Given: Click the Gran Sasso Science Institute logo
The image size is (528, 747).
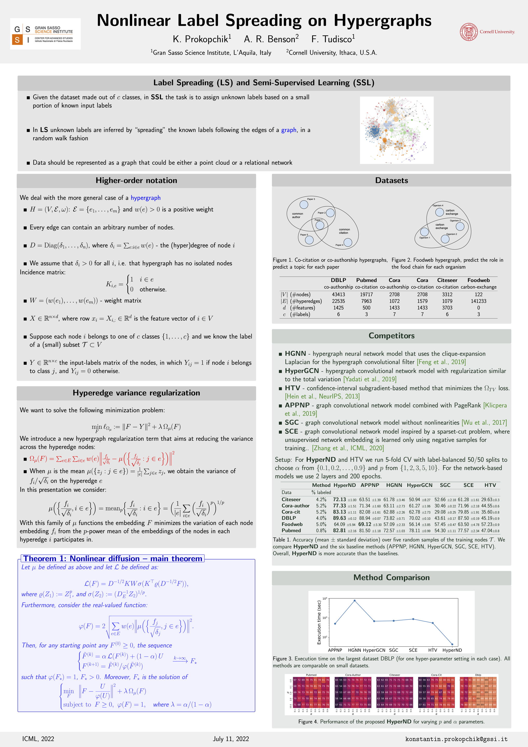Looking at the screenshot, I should tap(45, 34).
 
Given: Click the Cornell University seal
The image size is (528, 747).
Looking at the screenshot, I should tap(468, 32).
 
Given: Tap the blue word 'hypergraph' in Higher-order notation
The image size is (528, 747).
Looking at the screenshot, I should tap(145, 198).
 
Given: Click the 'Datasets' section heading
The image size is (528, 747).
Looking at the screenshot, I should tap(391, 181).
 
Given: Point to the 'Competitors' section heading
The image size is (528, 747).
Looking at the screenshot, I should tap(391, 336).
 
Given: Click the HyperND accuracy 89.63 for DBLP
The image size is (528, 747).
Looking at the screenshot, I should tap(339, 518).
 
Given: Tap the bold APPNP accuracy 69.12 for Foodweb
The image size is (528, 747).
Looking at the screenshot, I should tap(364, 524).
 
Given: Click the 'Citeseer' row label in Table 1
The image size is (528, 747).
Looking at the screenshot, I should tap(291, 499).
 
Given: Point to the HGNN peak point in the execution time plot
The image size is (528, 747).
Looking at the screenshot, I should tap(354, 601).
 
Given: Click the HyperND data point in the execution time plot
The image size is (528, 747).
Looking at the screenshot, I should tap(452, 644).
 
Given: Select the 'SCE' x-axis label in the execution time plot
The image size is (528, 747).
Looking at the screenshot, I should tap(413, 650).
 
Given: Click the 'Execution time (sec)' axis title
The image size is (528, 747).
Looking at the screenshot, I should tap(319, 622).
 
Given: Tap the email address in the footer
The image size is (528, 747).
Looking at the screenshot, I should tap(456, 739).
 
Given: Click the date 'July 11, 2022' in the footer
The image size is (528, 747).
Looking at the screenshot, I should tap(231, 739).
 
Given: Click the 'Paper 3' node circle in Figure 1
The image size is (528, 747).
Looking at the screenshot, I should tap(304, 205).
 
